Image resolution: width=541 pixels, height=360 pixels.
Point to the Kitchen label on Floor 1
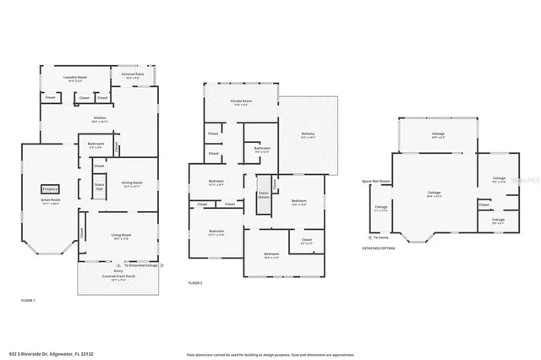point(99,119)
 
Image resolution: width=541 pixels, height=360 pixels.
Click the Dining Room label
point(130,183)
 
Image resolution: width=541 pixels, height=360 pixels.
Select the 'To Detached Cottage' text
point(140,265)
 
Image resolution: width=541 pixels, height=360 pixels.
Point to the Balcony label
point(309,134)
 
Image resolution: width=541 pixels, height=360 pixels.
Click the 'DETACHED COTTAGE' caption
point(379,248)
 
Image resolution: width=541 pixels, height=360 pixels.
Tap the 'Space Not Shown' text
point(375,181)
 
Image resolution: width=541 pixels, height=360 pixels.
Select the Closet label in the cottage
point(484,205)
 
